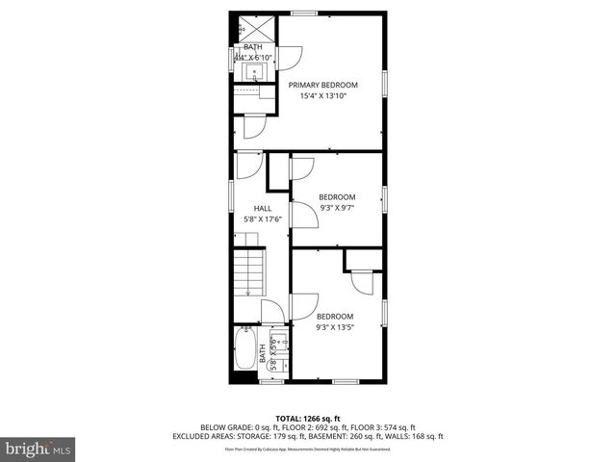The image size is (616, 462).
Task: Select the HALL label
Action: click(x=262, y=208)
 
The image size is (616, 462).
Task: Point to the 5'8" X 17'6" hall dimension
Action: click(x=262, y=219)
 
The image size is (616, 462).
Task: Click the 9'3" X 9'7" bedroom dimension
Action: click(x=336, y=208)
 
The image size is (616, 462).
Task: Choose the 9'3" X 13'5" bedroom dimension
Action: click(x=335, y=327)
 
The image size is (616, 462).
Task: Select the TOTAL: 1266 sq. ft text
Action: click(x=307, y=418)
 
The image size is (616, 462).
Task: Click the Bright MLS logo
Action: click(x=38, y=449)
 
